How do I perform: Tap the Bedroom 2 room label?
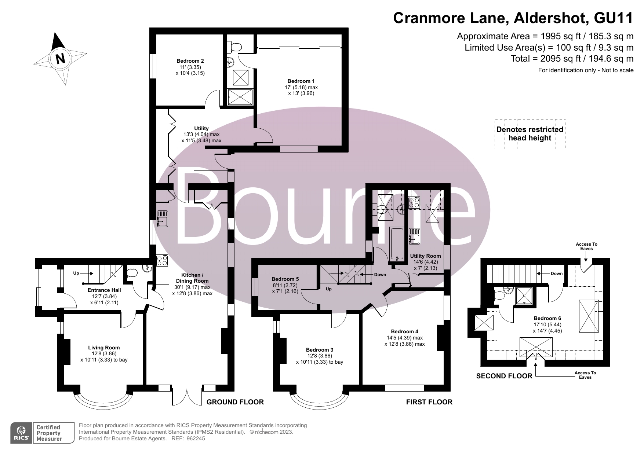tap(190, 61)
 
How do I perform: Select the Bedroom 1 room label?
tap(301, 81)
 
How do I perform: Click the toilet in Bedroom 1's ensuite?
tap(235, 47)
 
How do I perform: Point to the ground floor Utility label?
tap(201, 128)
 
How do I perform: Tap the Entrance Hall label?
tap(104, 290)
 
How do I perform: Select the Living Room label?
tap(104, 348)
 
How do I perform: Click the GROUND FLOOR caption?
tap(235, 402)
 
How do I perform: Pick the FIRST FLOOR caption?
tap(429, 402)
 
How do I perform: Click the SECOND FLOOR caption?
tap(504, 376)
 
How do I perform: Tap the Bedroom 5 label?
tap(285, 279)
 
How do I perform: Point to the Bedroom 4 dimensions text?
tap(404, 341)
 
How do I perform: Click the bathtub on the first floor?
tap(397, 243)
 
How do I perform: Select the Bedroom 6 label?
tap(547, 318)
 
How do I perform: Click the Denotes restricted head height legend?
tap(530, 134)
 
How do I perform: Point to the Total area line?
tap(572, 59)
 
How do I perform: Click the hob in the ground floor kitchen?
tap(162, 260)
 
